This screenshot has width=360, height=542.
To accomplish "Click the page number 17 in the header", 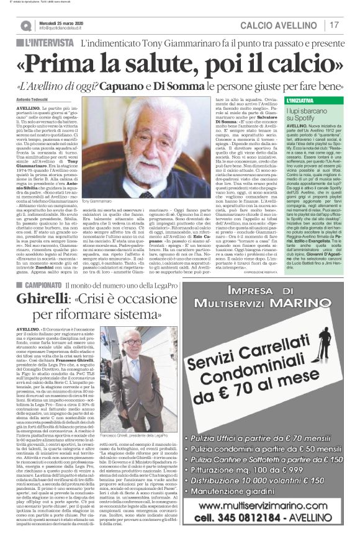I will (x=335, y=25).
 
